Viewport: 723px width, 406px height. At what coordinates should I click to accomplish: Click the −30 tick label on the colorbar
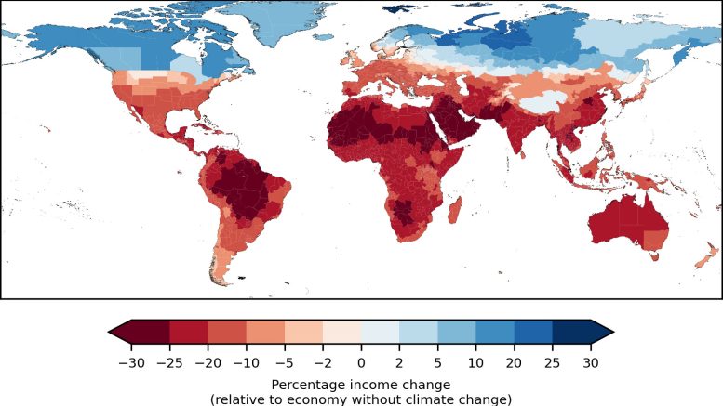(131, 363)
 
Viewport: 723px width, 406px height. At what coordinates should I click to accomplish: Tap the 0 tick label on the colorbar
(361, 363)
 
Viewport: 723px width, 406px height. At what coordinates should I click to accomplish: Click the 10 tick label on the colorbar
(437, 363)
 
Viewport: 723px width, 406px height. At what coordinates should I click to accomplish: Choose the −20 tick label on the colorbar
(208, 363)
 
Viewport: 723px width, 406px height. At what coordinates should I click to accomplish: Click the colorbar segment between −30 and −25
(150, 332)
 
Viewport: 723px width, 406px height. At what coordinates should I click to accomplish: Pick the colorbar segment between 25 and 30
(571, 332)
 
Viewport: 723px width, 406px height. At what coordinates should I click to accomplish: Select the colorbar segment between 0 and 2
(380, 332)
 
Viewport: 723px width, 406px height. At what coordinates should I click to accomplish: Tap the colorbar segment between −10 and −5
(265, 332)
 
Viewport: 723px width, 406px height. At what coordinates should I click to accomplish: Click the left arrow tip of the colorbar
(111, 332)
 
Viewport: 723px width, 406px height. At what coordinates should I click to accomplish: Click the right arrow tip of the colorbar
(611, 332)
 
